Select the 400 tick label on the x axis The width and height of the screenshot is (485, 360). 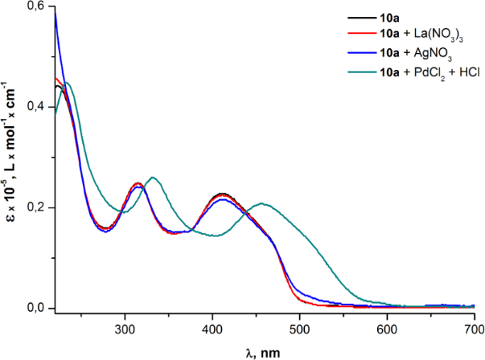pyautogui.click(x=212, y=329)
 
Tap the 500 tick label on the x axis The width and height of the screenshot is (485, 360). pyautogui.click(x=299, y=329)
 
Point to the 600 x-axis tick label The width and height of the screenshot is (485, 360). pyautogui.click(x=387, y=329)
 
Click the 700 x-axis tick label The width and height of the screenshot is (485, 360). pyautogui.click(x=474, y=329)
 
